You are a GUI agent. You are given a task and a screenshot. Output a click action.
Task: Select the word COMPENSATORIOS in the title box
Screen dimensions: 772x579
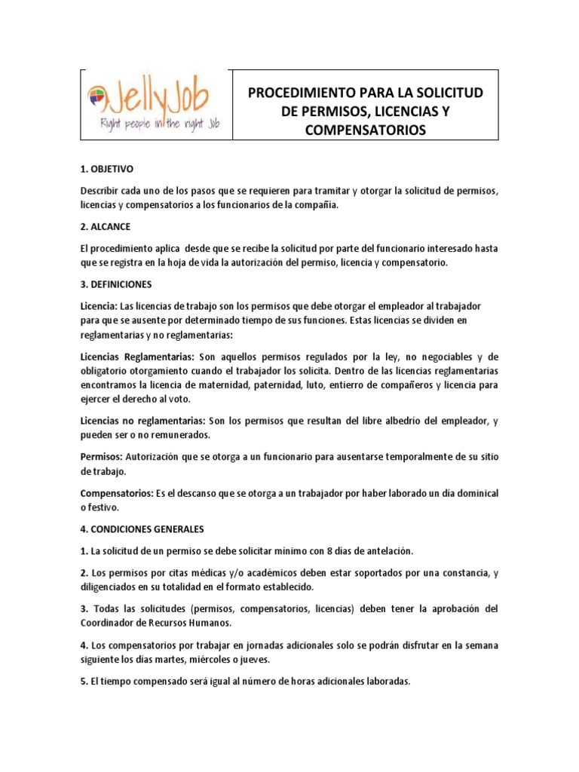click(365, 130)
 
